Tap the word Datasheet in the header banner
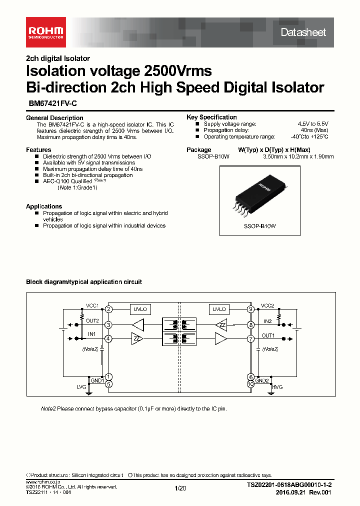coord(303,32)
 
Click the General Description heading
coord(54,117)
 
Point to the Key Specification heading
coord(211,117)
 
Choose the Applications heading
coord(44,206)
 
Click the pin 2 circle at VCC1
coord(108,309)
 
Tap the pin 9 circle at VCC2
coord(250,309)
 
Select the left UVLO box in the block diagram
coord(139,309)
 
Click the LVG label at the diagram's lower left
coord(81,387)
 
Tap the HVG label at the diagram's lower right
coord(277,387)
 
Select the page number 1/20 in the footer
coord(180,488)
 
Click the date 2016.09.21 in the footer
coord(288,492)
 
